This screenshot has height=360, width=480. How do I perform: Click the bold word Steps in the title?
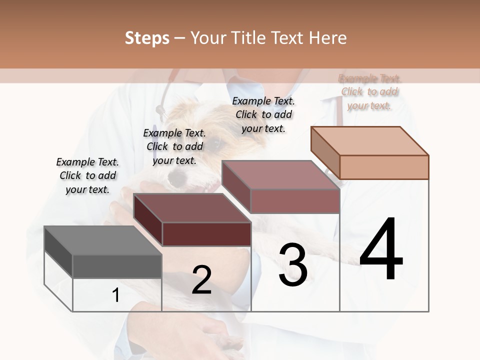(x=147, y=38)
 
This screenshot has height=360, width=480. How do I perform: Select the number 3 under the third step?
(x=293, y=265)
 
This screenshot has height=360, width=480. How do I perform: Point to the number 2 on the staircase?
(x=202, y=280)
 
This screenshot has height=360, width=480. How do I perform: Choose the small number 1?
(x=116, y=295)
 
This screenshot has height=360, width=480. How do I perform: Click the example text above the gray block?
(x=87, y=175)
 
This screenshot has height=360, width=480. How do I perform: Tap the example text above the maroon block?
(x=174, y=146)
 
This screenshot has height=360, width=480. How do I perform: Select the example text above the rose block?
(x=263, y=114)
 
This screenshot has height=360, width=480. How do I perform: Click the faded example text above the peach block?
(x=369, y=92)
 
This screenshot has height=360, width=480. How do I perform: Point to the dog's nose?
(x=176, y=176)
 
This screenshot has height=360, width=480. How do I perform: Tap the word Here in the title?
(x=328, y=38)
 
